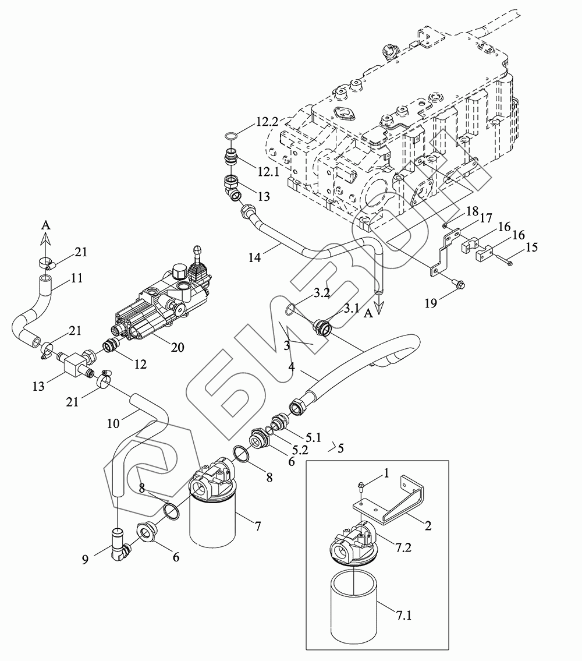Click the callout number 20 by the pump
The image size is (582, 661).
pyautogui.click(x=178, y=347)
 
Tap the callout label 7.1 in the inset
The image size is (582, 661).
pyautogui.click(x=403, y=616)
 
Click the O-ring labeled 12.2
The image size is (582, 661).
pyautogui.click(x=230, y=136)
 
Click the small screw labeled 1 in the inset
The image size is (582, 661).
pyautogui.click(x=361, y=487)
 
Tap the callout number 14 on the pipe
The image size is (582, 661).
pyautogui.click(x=254, y=257)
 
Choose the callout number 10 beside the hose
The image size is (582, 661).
pyautogui.click(x=113, y=423)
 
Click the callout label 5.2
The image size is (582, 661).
pyautogui.click(x=300, y=450)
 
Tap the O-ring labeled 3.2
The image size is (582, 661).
pyautogui.click(x=289, y=310)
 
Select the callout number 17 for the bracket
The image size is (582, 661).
pyautogui.click(x=486, y=218)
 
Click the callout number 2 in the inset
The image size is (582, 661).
pyautogui.click(x=428, y=526)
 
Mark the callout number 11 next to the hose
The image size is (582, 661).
pyautogui.click(x=76, y=278)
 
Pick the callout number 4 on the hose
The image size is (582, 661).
pyautogui.click(x=291, y=366)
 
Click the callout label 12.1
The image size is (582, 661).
pyautogui.click(x=269, y=172)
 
